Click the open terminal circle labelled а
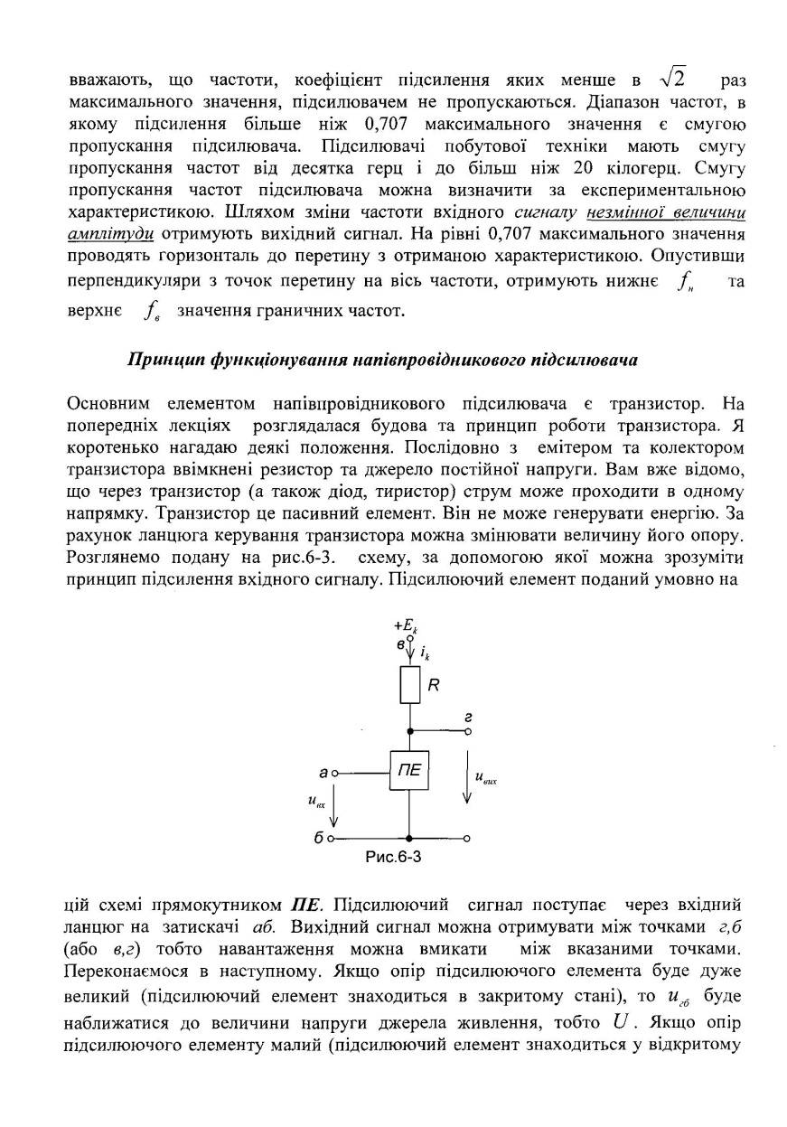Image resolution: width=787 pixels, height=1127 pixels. (x=333, y=774)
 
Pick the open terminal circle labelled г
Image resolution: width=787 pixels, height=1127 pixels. (x=467, y=730)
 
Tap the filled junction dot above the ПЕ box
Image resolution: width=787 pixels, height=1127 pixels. (x=409, y=730)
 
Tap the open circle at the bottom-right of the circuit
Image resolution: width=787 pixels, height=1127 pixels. (x=467, y=839)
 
